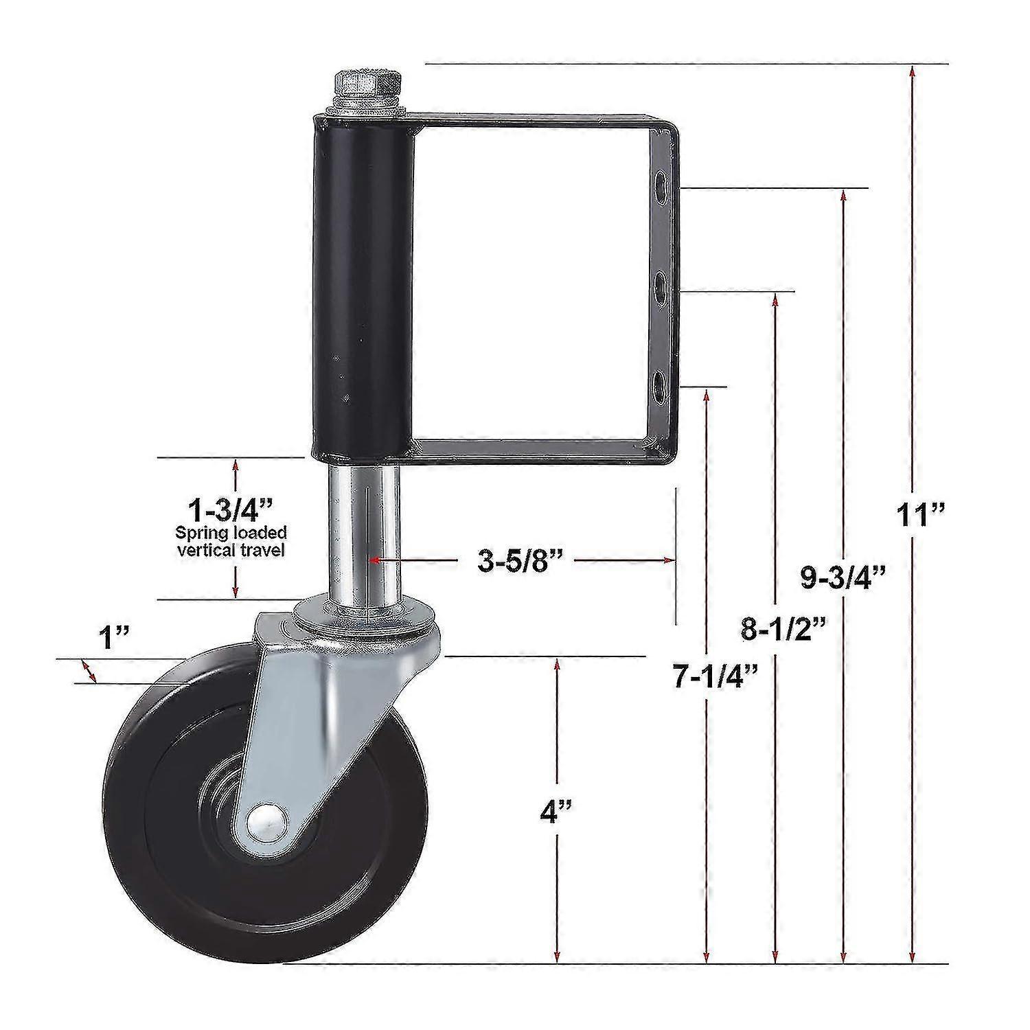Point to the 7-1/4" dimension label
pos(707,677)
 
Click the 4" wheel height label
pos(557,812)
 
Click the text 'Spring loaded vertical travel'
pos(231,540)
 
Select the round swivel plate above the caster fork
pos(363,610)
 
